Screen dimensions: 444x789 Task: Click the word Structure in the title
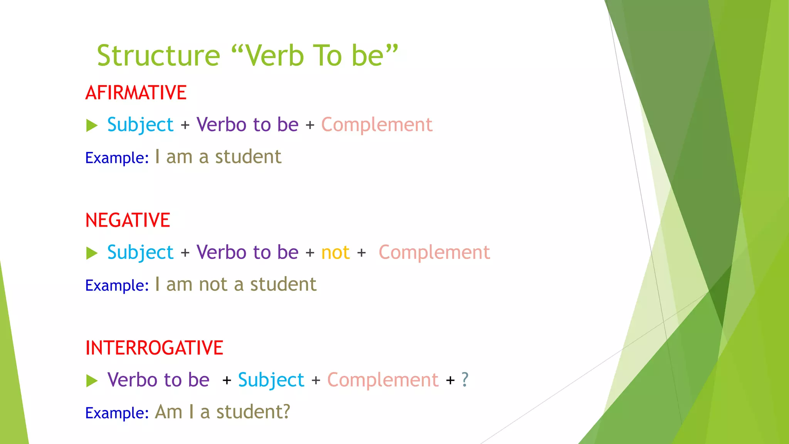pyautogui.click(x=158, y=56)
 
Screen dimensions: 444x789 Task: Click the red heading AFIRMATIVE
pyautogui.click(x=136, y=93)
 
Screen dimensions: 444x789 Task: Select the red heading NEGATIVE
pyautogui.click(x=128, y=220)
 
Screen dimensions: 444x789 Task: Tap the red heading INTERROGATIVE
pyautogui.click(x=154, y=348)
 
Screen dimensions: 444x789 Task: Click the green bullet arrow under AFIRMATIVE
pyautogui.click(x=92, y=125)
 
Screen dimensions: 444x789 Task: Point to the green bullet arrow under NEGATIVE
pyautogui.click(x=92, y=253)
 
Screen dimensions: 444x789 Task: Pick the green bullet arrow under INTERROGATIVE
pyautogui.click(x=92, y=381)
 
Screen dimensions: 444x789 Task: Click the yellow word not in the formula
pyautogui.click(x=335, y=253)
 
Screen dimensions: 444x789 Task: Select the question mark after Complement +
pyautogui.click(x=465, y=380)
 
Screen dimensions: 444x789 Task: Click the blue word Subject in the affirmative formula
pyautogui.click(x=140, y=125)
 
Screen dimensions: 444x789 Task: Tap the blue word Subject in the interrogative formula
pyautogui.click(x=271, y=380)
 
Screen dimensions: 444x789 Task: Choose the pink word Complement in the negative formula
pyautogui.click(x=434, y=253)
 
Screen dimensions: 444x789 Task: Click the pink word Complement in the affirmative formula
pyautogui.click(x=377, y=125)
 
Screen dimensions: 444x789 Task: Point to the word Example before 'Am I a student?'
pyautogui.click(x=117, y=413)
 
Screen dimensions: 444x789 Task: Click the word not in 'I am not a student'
pyautogui.click(x=213, y=284)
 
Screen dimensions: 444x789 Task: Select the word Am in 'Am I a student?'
pyautogui.click(x=168, y=412)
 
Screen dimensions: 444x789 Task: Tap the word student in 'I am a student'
pyautogui.click(x=248, y=157)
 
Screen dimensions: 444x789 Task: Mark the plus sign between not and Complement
pyautogui.click(x=361, y=253)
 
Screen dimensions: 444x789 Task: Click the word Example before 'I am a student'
pyautogui.click(x=117, y=158)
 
